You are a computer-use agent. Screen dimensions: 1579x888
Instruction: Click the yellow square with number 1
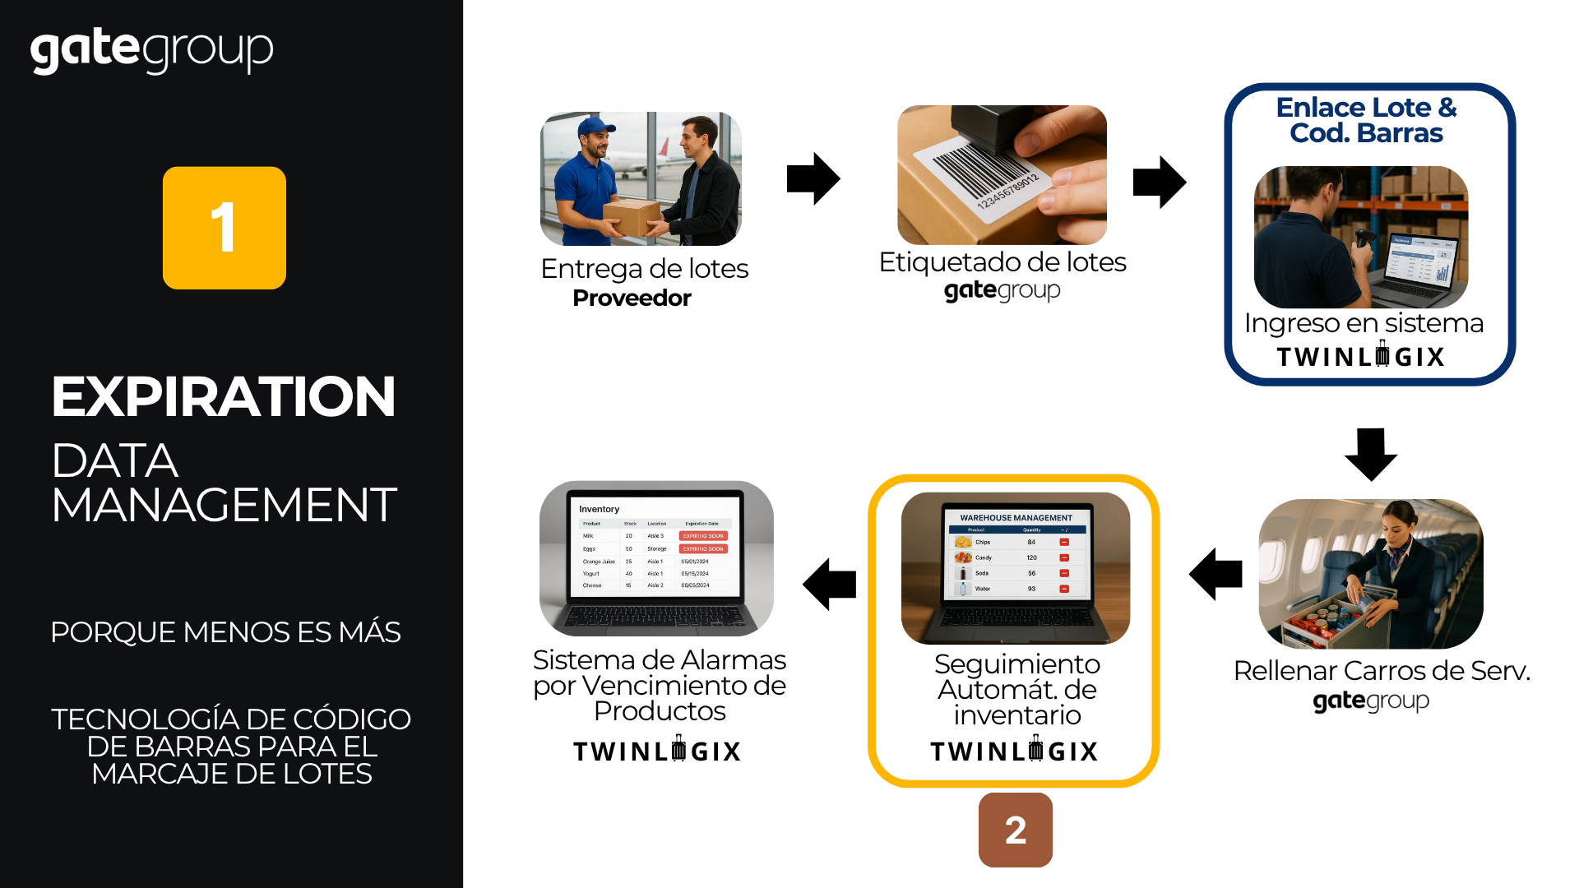[x=224, y=228]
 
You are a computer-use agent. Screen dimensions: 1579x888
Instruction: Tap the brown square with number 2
[x=1015, y=830]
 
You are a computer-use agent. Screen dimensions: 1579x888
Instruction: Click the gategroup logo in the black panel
[x=152, y=51]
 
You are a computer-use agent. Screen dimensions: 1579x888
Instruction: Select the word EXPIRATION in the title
[x=224, y=397]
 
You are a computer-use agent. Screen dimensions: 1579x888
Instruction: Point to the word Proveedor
[x=632, y=298]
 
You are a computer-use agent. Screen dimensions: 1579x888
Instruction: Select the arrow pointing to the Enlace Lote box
[x=1159, y=182]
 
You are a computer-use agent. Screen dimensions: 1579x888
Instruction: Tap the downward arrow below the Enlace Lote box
[x=1370, y=453]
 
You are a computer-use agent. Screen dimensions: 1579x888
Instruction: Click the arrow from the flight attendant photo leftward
[x=1216, y=573]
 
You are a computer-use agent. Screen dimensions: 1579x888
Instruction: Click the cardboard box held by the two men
[x=632, y=217]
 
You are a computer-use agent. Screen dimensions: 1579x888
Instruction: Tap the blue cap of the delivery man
[x=595, y=127]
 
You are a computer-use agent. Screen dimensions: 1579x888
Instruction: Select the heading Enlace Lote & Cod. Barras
[x=1366, y=120]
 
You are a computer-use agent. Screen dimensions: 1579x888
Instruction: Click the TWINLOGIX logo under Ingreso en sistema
[x=1361, y=357]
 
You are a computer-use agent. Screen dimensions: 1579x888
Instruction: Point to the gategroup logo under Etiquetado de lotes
[x=1002, y=290]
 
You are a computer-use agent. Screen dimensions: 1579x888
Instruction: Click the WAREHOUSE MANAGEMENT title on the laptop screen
[x=1016, y=518]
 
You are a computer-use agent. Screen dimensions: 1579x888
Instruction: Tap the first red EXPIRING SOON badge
[x=703, y=536]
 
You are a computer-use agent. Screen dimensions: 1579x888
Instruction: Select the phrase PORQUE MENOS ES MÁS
[x=225, y=632]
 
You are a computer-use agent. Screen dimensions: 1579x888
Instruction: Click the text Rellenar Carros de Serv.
[x=1382, y=671]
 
